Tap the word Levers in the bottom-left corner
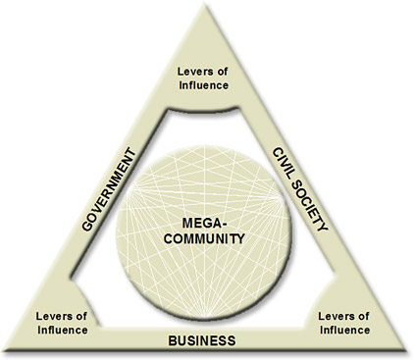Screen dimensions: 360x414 [x=56, y=315]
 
